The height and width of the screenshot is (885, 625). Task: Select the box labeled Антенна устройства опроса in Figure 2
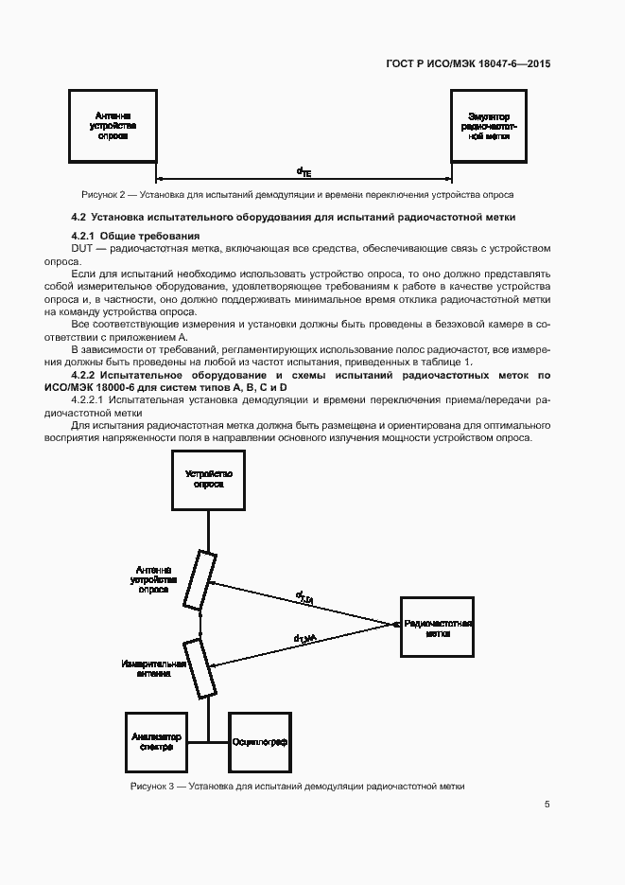click(x=113, y=125)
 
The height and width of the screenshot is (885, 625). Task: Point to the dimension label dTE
click(x=303, y=172)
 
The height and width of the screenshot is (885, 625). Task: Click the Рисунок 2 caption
click(x=297, y=194)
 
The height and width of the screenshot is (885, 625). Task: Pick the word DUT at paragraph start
click(x=83, y=247)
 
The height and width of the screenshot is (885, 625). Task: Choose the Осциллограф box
click(x=259, y=741)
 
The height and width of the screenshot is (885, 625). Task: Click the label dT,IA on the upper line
click(x=304, y=595)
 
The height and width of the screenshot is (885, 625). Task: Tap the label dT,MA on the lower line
click(x=304, y=639)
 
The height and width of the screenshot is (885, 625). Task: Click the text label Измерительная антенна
click(x=147, y=669)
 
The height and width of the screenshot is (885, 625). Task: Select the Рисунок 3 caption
click(x=297, y=787)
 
